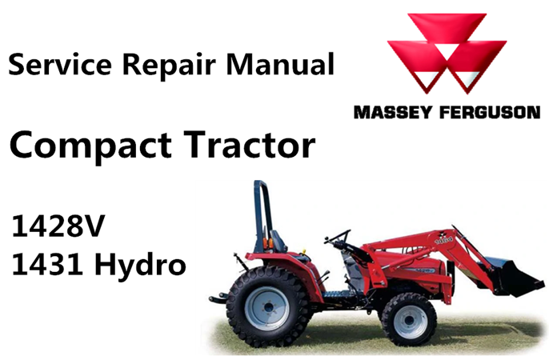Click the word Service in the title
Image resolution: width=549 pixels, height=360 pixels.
click(60, 64)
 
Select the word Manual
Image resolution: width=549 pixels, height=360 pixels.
click(280, 64)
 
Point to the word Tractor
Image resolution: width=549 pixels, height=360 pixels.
click(250, 144)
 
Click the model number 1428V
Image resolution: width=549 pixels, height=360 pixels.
click(58, 226)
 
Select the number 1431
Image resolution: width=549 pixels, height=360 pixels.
click(47, 265)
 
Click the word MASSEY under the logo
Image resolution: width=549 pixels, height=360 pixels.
click(392, 113)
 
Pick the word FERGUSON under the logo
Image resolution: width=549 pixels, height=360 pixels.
click(490, 113)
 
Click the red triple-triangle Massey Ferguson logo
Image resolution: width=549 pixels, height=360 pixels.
click(447, 54)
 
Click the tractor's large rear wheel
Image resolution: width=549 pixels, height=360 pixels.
click(267, 306)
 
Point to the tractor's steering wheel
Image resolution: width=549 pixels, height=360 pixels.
click(337, 237)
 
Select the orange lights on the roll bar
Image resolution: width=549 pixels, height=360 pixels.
click(268, 242)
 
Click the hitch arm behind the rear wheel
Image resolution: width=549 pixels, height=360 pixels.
click(218, 298)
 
